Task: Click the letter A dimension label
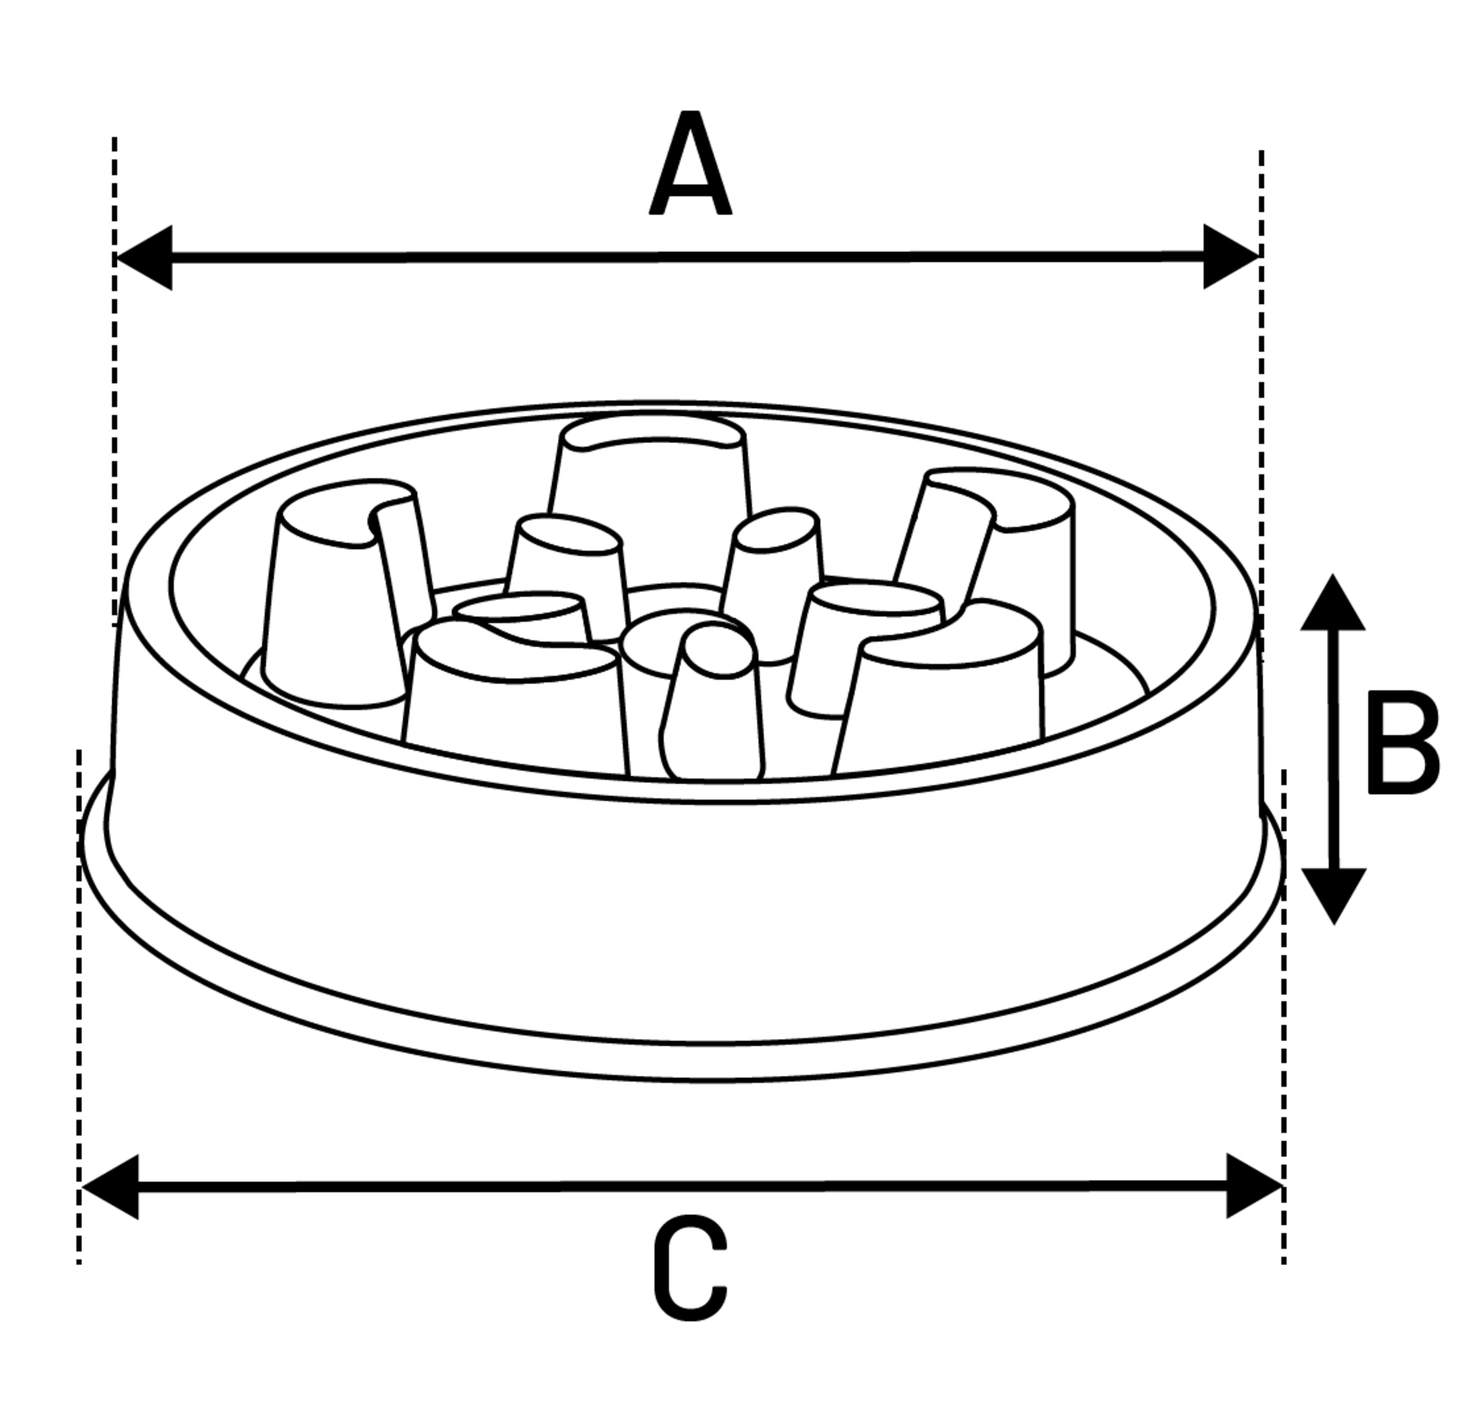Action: tap(689, 164)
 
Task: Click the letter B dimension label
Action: tap(1402, 743)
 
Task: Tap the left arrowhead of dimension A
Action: tap(146, 258)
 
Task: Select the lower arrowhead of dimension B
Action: tap(1334, 893)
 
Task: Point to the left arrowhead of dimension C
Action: tap(112, 1187)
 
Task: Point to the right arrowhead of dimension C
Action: tap(1251, 1186)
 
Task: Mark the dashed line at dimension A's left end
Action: tap(114, 374)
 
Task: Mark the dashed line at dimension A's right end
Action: tap(1261, 374)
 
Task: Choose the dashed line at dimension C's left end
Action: tap(78, 1047)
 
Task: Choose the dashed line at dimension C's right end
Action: tap(1283, 1047)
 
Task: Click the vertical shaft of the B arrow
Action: tap(1334, 748)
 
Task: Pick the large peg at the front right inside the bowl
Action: tap(942, 696)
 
